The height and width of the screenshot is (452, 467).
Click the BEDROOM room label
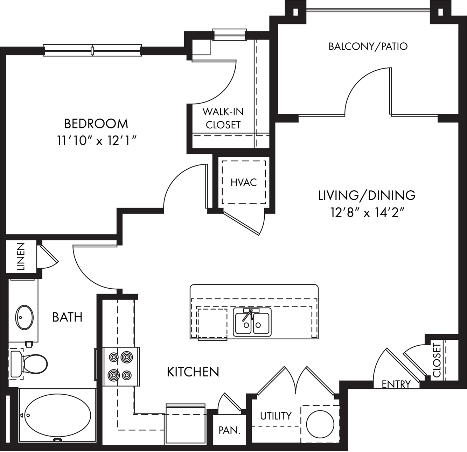click(x=96, y=124)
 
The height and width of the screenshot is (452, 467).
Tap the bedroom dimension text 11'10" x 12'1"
click(x=97, y=141)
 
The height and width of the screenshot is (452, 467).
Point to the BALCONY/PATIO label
click(x=368, y=46)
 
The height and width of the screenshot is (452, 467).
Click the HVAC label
click(x=244, y=183)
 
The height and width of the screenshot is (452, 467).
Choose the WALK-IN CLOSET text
click(x=223, y=118)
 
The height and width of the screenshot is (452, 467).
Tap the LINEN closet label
click(x=21, y=257)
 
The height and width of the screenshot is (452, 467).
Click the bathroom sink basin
click(x=24, y=317)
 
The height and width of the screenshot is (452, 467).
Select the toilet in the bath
click(x=28, y=364)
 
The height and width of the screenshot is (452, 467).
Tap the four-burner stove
click(x=121, y=366)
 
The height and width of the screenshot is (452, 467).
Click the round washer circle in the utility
click(x=320, y=424)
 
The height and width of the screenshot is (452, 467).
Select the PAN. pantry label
click(x=229, y=430)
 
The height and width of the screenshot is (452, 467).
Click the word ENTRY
click(x=396, y=384)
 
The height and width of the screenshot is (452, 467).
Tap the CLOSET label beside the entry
click(x=437, y=360)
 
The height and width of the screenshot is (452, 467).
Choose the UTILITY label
click(x=276, y=416)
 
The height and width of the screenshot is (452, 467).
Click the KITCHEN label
click(x=193, y=372)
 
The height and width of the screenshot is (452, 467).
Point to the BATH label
click(x=68, y=317)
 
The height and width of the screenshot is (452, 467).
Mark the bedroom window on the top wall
click(x=92, y=51)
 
